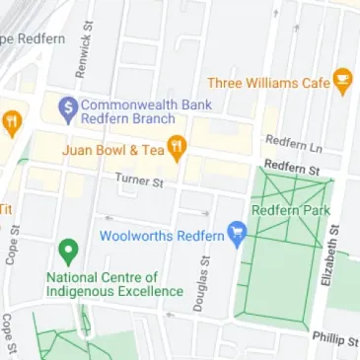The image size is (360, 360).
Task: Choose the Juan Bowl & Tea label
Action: coord(112,150)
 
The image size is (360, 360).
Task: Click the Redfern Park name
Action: coord(289,209)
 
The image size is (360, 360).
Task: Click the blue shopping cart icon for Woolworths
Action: coord(237,233)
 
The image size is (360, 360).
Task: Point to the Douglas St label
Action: coord(200,284)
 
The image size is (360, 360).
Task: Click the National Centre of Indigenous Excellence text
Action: coord(115,284)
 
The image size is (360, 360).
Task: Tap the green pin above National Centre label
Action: coord(67,252)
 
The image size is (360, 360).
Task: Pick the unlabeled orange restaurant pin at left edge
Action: coord(12,123)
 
